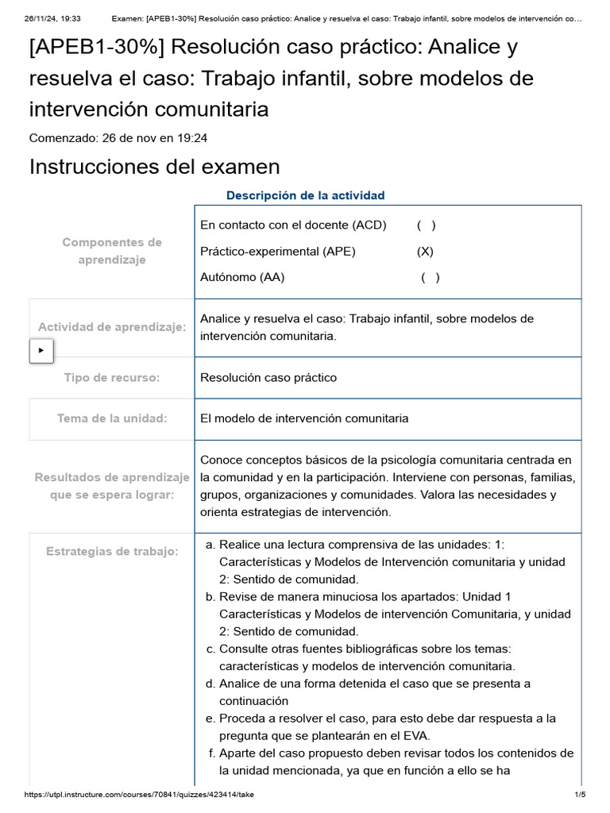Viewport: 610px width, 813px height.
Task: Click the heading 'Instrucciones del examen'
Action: [x=154, y=167]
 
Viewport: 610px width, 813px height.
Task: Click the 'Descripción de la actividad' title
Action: [x=305, y=195]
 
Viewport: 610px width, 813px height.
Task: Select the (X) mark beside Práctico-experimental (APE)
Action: [x=425, y=252]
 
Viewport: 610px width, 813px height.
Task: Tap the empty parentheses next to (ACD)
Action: [x=426, y=225]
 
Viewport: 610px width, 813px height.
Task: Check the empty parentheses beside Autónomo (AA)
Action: [x=430, y=277]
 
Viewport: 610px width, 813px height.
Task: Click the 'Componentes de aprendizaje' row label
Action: [x=112, y=251]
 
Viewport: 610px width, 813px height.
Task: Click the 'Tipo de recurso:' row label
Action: [x=112, y=378]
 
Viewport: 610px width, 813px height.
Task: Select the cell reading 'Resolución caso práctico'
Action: [x=268, y=378]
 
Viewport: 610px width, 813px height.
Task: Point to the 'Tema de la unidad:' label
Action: [x=112, y=418]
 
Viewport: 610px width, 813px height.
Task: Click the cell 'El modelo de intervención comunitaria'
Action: [x=304, y=418]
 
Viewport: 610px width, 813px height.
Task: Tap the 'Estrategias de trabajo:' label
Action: [x=112, y=551]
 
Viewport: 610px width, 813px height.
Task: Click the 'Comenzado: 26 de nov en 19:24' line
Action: [x=118, y=138]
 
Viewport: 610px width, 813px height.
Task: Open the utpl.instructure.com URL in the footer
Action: [x=140, y=795]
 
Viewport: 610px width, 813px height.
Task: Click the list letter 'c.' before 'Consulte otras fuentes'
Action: [x=210, y=649]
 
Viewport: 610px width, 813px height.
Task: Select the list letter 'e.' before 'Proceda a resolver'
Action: [x=210, y=719]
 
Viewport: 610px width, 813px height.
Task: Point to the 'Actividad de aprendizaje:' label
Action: [x=112, y=327]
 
